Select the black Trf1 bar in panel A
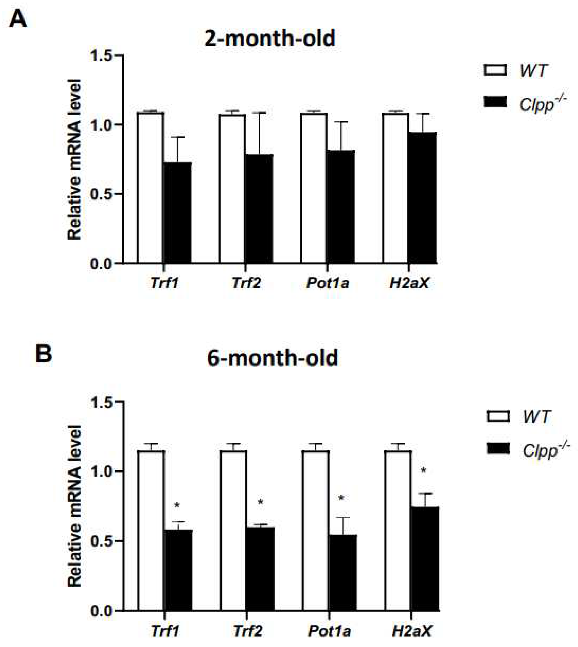pyautogui.click(x=178, y=213)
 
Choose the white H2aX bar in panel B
pyautogui.click(x=398, y=524)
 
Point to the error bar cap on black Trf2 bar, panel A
pyautogui.click(x=259, y=112)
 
